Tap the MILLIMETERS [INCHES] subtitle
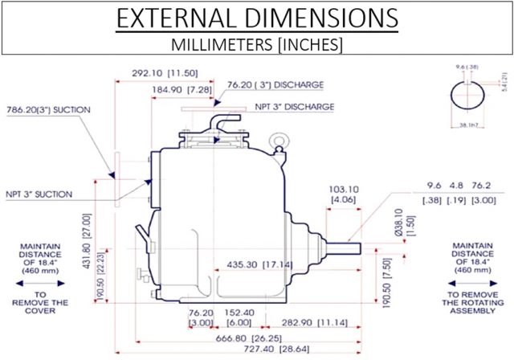(258, 44)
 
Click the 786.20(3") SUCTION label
(49, 109)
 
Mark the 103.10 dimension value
(343, 189)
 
